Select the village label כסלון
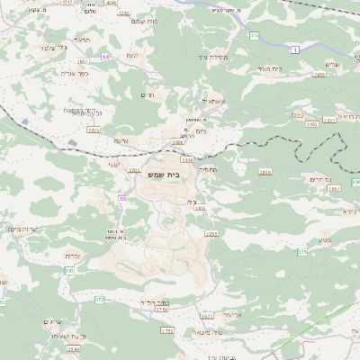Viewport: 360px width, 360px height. tap(297, 114)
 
